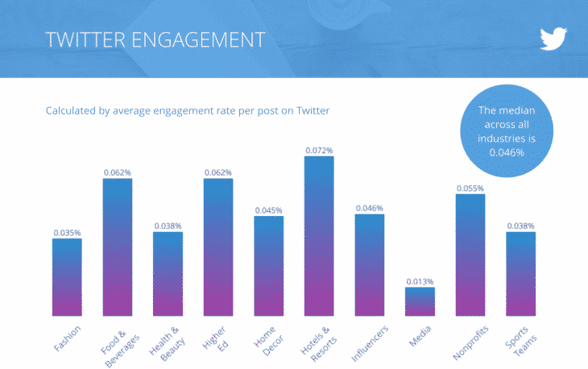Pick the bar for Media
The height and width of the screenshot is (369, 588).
[x=420, y=301]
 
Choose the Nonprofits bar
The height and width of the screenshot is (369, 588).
[x=470, y=255]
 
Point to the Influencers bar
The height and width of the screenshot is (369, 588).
[x=369, y=264]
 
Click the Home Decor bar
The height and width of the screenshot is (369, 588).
[x=268, y=266]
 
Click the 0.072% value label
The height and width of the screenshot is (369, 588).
[x=319, y=150]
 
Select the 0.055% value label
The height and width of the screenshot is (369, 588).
[x=470, y=188]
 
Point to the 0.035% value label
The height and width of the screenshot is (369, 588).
[x=67, y=233]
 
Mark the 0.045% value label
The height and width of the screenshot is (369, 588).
[x=268, y=210]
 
